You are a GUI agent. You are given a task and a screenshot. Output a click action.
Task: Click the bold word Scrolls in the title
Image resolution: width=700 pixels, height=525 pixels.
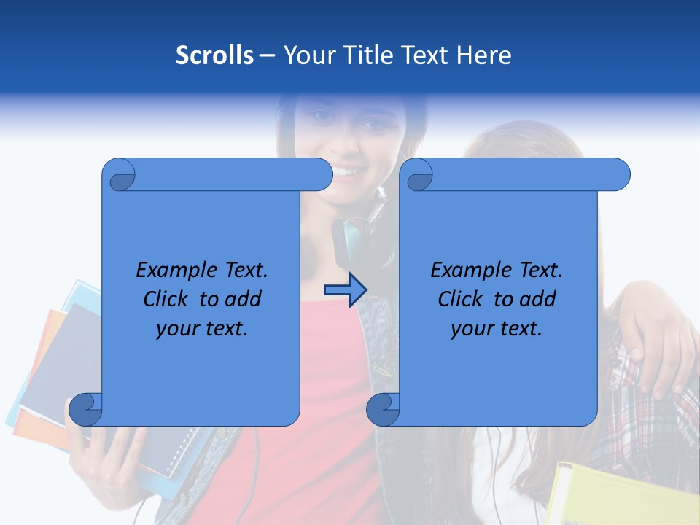pos(214,55)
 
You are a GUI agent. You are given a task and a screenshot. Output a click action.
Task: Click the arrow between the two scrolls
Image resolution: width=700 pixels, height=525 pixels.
pos(345,290)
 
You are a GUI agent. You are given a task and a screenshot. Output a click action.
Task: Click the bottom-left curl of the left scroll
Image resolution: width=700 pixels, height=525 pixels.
pos(86,409)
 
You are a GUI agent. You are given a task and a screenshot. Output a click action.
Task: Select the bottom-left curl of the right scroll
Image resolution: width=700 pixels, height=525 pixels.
pos(383,409)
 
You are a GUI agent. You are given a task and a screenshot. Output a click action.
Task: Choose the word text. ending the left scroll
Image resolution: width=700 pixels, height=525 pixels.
pos(222,329)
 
